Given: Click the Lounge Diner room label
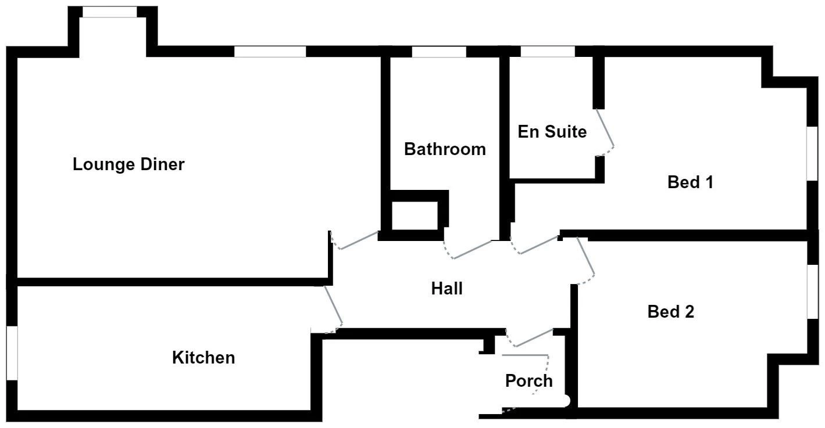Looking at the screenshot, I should tap(128, 164).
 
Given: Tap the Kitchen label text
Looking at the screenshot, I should tap(203, 358).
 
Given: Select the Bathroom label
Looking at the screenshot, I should tap(445, 149).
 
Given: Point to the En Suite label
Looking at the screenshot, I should tap(552, 132).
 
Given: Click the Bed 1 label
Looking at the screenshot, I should tap(690, 182).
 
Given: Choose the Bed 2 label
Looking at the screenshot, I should tap(671, 312).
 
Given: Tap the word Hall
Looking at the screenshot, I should tap(447, 288).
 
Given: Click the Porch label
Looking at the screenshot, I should tap(528, 381).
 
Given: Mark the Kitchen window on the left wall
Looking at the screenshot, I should tap(12, 353).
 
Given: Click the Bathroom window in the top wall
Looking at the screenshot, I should tap(439, 52).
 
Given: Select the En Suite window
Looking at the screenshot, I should tap(547, 52).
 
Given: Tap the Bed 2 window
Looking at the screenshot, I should tap(812, 292).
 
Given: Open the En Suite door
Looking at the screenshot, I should tap(605, 131).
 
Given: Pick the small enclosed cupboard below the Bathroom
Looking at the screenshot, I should tap(413, 215).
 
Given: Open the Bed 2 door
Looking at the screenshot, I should tap(586, 261).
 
